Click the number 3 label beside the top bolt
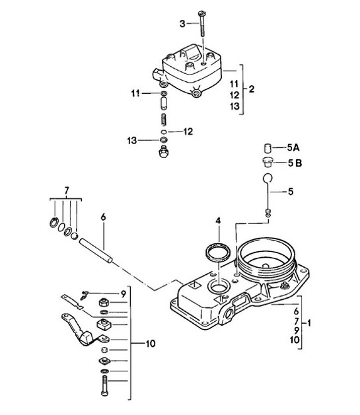[x=184, y=24]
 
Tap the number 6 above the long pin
[x=103, y=216]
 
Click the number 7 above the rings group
[x=65, y=190]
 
